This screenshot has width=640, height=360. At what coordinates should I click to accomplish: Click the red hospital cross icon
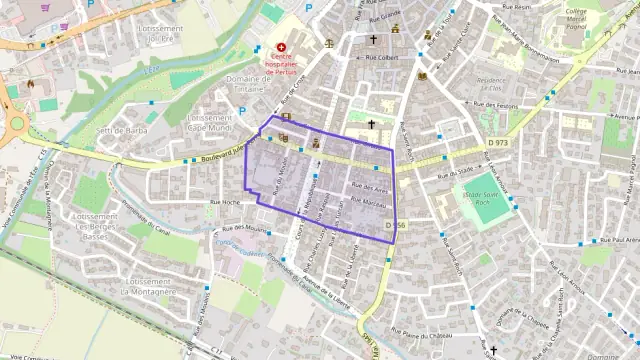tap(282, 47)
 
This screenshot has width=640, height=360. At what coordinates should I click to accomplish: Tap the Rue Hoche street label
tap(225, 203)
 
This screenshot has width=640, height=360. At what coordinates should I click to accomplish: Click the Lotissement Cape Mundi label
tap(209, 122)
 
